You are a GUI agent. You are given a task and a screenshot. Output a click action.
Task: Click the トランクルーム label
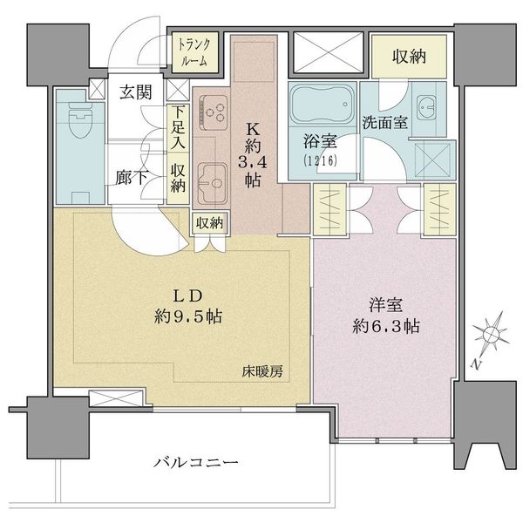(x=194, y=52)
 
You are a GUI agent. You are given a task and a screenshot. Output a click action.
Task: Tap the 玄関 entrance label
(x=136, y=92)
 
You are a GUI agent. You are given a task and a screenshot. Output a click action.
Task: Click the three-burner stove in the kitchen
(x=214, y=112)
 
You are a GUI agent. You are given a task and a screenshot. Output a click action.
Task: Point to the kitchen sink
(x=212, y=183)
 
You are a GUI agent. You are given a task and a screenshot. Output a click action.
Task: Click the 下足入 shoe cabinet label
(x=178, y=127)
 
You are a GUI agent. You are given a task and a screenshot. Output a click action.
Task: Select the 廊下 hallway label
(x=131, y=178)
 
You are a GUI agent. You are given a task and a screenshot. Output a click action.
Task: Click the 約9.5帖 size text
(x=188, y=316)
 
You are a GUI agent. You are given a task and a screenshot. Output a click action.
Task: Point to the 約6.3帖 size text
(x=386, y=326)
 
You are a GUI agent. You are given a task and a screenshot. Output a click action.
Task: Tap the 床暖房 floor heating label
(x=262, y=371)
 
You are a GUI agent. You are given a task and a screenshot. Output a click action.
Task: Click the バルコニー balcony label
(x=196, y=463)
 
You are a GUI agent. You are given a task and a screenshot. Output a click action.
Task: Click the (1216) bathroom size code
(x=320, y=160)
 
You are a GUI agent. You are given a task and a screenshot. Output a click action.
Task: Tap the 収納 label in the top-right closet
(x=409, y=57)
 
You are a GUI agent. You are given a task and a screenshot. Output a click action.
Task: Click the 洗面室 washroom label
(x=385, y=122)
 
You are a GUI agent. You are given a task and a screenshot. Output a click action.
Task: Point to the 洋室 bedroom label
(x=386, y=304)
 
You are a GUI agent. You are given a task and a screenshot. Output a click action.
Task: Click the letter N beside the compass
(x=477, y=364)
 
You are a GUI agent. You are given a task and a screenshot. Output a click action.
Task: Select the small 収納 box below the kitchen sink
(x=209, y=223)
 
